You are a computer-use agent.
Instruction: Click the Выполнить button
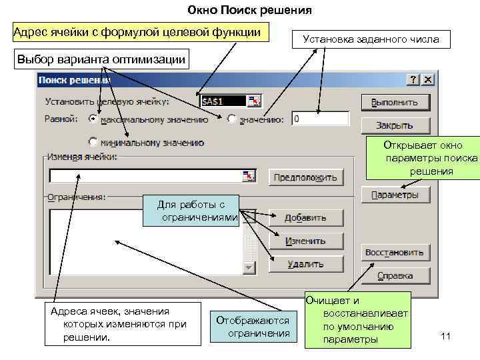point(395,102)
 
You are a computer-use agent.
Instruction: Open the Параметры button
point(395,195)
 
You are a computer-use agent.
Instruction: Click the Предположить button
point(306,177)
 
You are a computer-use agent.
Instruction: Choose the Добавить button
point(306,218)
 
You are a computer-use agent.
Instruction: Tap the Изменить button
point(306,241)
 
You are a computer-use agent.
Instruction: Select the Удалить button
point(306,264)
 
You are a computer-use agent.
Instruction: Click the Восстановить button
point(395,253)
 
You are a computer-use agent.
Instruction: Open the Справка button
point(395,275)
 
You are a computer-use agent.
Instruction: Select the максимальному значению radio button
point(93,119)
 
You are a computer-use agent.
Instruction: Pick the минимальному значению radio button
point(93,142)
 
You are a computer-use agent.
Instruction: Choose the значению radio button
point(231,119)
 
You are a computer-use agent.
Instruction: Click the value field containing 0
point(320,119)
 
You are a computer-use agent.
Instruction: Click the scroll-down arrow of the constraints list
point(249,267)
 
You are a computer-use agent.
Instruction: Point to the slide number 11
point(446,337)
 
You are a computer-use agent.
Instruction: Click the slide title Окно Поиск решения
point(240,11)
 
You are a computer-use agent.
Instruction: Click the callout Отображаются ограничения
point(253,327)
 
